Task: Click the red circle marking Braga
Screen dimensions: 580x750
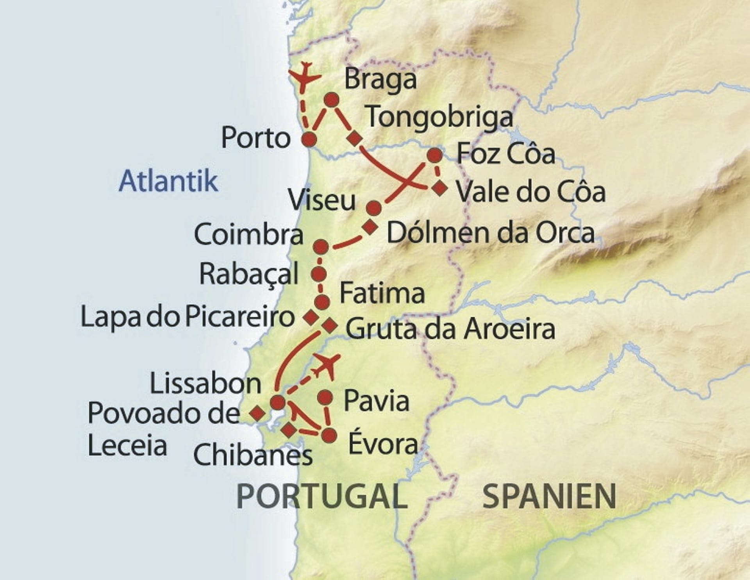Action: tap(331, 100)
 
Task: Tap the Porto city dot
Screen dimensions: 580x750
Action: tap(309, 139)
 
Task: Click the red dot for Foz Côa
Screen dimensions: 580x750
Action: tap(435, 155)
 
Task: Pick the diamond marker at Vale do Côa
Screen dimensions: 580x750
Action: tap(440, 189)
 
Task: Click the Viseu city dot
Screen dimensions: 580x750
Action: tap(374, 208)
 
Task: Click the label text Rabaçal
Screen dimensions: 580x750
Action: tap(249, 274)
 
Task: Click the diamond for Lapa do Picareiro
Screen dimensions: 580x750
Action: tap(311, 317)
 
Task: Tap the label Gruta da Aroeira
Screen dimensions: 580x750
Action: tap(450, 329)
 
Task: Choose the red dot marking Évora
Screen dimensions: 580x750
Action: tap(329, 435)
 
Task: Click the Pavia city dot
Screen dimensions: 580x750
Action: tap(325, 398)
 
